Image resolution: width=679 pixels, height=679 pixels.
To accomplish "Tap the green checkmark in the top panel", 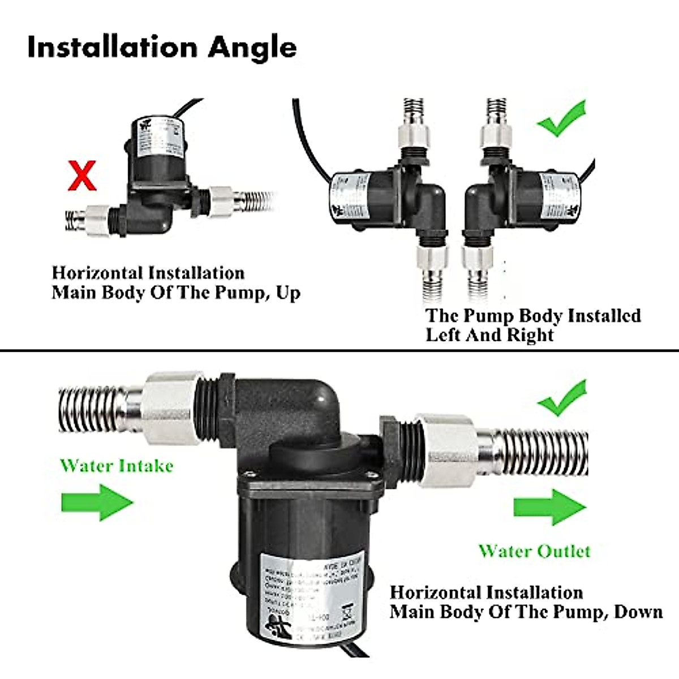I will (562, 119).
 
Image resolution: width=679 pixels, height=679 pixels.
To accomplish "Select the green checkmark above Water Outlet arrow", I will (562, 398).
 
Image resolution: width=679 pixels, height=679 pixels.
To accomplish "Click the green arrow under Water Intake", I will (97, 502).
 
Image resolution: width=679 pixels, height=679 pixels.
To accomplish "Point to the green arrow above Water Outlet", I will (549, 507).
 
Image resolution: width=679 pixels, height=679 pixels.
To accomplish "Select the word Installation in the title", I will (113, 47).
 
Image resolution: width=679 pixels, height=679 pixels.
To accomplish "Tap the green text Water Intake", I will (117, 466).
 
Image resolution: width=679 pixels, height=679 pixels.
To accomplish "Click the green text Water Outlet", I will (534, 551).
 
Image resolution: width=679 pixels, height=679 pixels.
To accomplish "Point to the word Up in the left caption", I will (288, 293).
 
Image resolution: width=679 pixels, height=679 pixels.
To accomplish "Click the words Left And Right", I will (489, 335).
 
